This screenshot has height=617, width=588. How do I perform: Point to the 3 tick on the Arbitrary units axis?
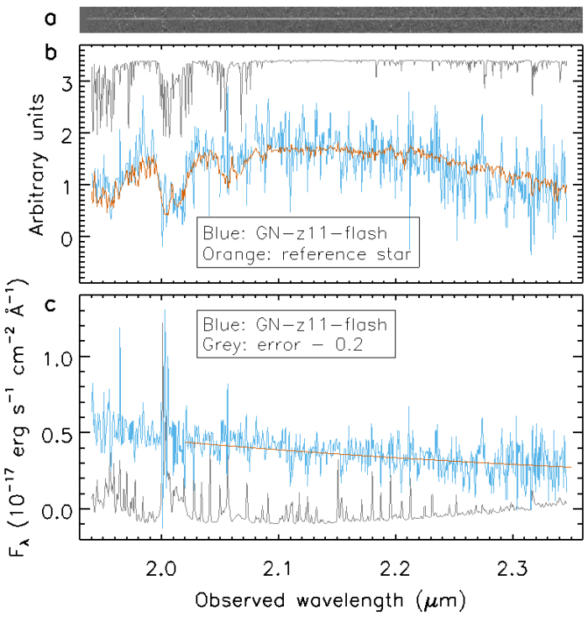coord(68,81)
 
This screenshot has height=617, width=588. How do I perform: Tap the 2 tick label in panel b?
coord(68,133)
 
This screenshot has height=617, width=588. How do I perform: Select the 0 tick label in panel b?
coord(68,237)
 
